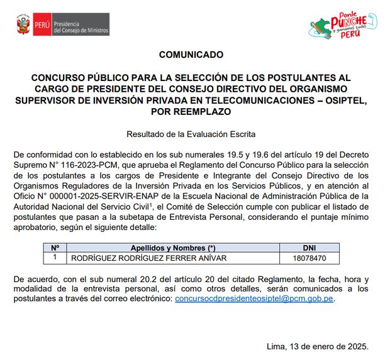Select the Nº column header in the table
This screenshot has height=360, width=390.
(x=55, y=248)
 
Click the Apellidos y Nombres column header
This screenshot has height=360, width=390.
(x=173, y=248)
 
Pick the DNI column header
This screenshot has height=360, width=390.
(x=309, y=248)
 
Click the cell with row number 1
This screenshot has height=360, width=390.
(x=55, y=258)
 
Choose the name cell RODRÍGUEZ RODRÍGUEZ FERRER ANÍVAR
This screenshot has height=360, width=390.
(x=149, y=258)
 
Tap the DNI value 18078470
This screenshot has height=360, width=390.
(x=309, y=258)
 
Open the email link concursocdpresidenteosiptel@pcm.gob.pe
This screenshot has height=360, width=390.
(x=254, y=299)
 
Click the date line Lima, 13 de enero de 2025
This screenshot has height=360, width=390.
(x=317, y=346)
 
